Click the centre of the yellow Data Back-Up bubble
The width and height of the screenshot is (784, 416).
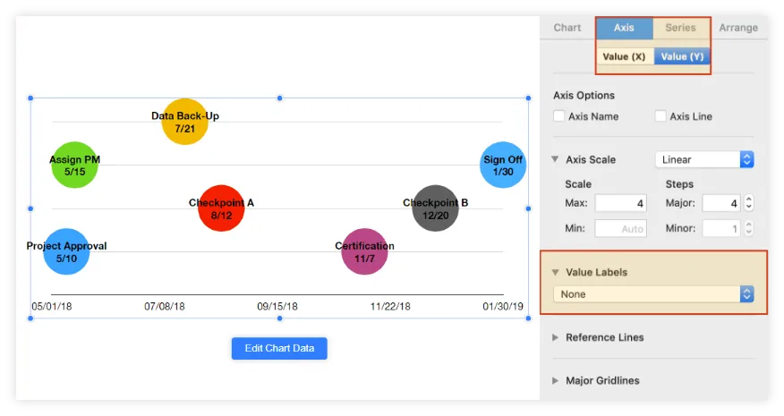184,122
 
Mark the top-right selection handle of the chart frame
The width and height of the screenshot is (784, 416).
528,98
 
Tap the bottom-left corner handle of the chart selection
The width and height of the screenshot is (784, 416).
30,318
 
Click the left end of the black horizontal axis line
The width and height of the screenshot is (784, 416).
52,294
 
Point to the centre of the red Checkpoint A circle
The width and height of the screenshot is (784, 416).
221,208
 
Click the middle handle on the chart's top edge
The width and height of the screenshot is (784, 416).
279,98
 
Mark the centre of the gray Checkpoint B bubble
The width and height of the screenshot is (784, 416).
436,208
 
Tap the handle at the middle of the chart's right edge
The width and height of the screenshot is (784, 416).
528,208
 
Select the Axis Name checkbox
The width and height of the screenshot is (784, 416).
559,116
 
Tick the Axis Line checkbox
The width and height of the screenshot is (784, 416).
660,116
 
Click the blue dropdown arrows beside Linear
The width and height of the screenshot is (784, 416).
746,159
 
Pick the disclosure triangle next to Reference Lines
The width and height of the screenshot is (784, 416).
555,337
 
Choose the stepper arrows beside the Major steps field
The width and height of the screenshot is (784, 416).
748,203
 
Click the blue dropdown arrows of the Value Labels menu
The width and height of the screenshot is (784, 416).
746,294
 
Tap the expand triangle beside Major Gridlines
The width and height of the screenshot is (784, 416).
555,380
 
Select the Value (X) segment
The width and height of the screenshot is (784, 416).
624,56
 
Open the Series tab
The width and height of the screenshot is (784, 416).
680,28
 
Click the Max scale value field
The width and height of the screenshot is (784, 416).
620,203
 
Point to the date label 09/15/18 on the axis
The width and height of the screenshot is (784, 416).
277,306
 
